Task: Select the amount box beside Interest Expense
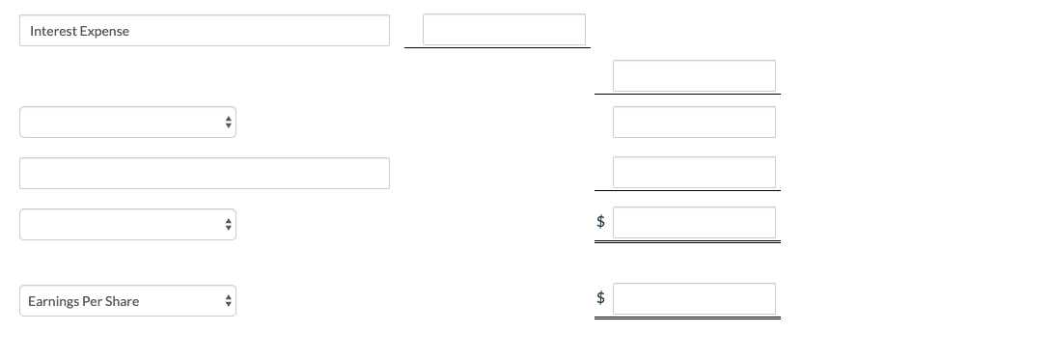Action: (x=504, y=30)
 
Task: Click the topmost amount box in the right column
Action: (x=694, y=76)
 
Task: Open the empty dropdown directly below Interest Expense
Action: (x=127, y=123)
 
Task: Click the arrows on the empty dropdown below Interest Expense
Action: (x=228, y=123)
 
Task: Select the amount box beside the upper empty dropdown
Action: (x=694, y=123)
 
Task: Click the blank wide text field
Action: (x=205, y=174)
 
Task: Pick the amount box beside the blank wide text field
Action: (x=694, y=173)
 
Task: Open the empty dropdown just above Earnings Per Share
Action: (x=127, y=224)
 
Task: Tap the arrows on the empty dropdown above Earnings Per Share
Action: (x=228, y=224)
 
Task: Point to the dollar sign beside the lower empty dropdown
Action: (x=600, y=222)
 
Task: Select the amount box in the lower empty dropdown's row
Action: (x=694, y=223)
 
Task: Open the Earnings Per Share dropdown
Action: (x=127, y=301)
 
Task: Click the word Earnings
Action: (x=53, y=301)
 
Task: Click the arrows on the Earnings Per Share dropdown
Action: (x=228, y=301)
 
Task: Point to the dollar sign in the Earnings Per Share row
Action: (x=600, y=298)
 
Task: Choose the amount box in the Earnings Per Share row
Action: (x=694, y=299)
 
